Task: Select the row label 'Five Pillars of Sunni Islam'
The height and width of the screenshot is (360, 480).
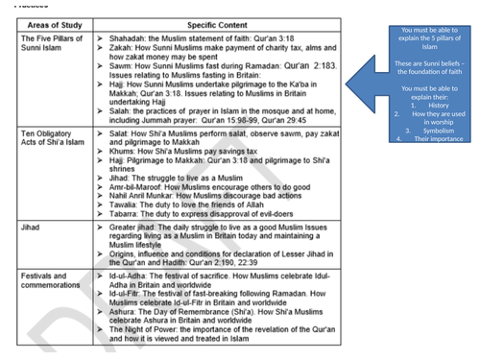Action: pos(47,39)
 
